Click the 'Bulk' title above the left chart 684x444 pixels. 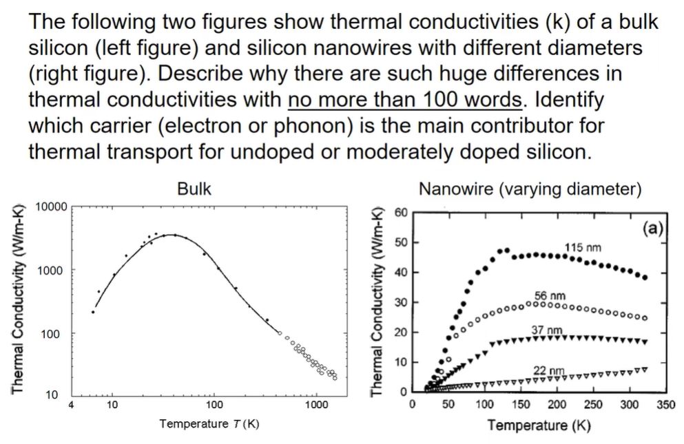(x=194, y=189)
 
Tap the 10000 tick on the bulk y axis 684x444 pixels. (x=50, y=207)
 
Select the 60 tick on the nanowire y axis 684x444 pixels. (x=400, y=211)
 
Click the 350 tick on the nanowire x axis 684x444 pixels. (x=665, y=404)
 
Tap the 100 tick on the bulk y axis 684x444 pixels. (x=56, y=335)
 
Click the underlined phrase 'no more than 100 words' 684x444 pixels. (x=404, y=100)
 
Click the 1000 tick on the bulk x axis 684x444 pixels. (x=315, y=404)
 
